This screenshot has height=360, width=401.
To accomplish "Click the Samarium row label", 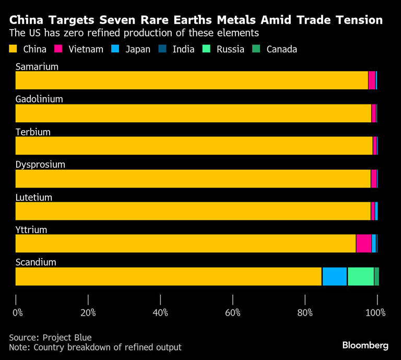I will point(37,66).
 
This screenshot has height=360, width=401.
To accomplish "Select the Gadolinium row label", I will point(39,99).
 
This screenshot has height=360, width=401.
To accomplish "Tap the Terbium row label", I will point(33,132).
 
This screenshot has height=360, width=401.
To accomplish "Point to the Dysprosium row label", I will point(40,165).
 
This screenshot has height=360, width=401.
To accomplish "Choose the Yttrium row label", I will point(31,230).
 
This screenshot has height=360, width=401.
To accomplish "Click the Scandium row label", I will point(36,262).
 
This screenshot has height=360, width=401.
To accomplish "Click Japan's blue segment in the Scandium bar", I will point(335,276).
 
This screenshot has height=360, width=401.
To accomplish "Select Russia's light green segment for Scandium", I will point(361,276).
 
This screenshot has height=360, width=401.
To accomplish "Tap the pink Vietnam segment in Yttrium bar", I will point(363,243).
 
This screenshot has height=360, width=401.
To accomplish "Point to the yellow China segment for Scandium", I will point(169,276).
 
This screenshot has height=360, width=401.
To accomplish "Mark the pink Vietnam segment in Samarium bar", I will point(372,80).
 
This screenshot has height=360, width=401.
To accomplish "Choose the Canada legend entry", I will point(281,50).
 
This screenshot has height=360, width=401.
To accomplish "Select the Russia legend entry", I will point(230,50).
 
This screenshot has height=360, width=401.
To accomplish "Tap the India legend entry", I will point(183,50).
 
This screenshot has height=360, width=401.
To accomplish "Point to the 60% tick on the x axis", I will point(232,300).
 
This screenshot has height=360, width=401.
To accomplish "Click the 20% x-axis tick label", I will point(88,313).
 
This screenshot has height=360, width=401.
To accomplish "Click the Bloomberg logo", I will point(365,345).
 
